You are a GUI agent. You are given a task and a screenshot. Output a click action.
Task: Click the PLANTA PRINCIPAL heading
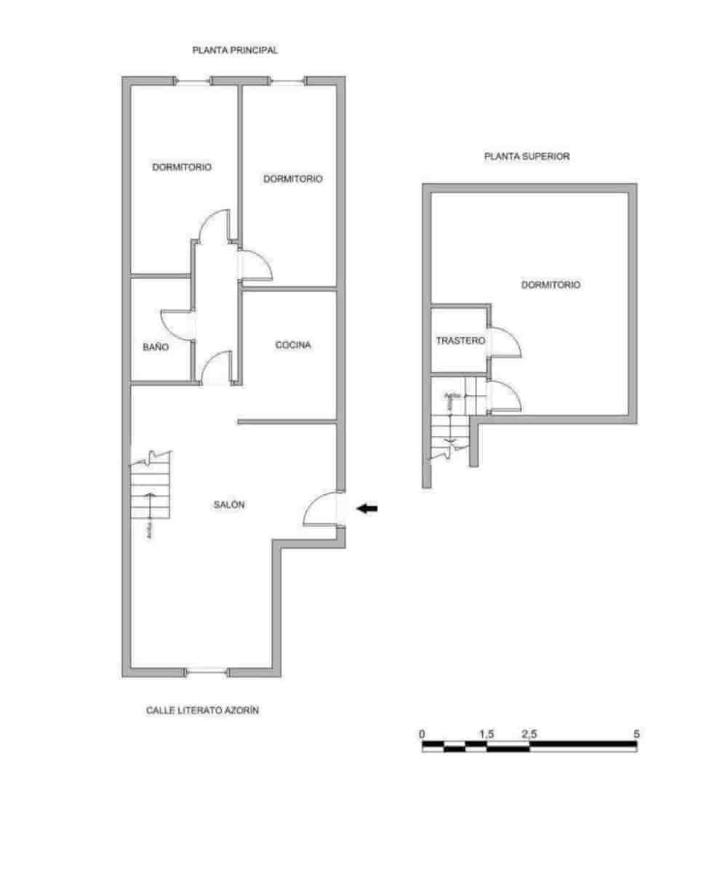pyautogui.click(x=235, y=51)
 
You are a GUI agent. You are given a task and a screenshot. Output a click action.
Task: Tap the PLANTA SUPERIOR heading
pyautogui.click(x=527, y=156)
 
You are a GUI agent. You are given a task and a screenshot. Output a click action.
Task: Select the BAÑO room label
pyautogui.click(x=155, y=347)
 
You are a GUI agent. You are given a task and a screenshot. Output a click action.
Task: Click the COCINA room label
pyautogui.click(x=293, y=345)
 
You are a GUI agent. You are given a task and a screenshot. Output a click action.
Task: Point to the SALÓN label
pyautogui.click(x=229, y=505)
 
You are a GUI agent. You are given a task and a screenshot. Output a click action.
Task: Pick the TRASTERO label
pyautogui.click(x=460, y=340)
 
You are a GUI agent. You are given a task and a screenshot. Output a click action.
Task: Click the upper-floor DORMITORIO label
pyautogui.click(x=550, y=285)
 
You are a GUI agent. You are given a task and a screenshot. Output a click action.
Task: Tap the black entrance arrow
pyautogui.click(x=367, y=509)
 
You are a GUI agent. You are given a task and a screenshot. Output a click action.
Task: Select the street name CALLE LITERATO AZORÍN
pyautogui.click(x=203, y=711)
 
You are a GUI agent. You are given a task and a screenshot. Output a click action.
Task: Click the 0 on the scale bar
pyautogui.click(x=422, y=734)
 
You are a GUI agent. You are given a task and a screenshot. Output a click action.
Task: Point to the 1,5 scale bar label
pyautogui.click(x=487, y=734)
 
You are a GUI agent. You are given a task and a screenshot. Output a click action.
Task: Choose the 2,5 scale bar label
pyautogui.click(x=529, y=734)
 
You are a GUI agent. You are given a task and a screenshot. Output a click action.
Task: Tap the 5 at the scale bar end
pyautogui.click(x=637, y=734)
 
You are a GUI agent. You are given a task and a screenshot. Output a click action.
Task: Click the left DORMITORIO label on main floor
pyautogui.click(x=182, y=167)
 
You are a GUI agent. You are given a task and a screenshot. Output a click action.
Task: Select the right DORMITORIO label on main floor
pyautogui.click(x=293, y=179)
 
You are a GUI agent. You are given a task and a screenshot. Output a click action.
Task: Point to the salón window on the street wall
pyautogui.click(x=207, y=672)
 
